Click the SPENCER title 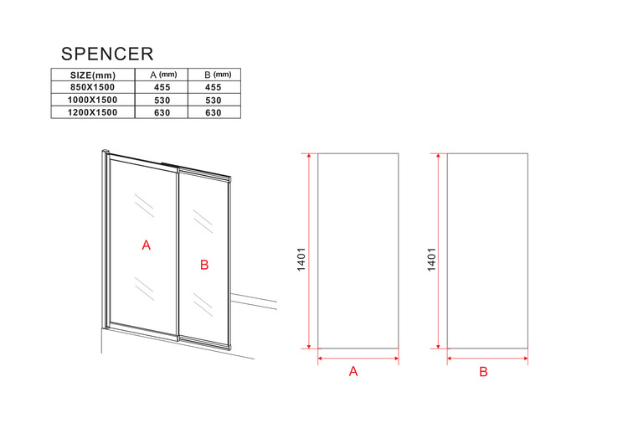[x=107, y=54]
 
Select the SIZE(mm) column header [x=92, y=75]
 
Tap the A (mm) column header [x=163, y=75]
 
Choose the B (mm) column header [x=218, y=75]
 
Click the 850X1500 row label [x=92, y=87]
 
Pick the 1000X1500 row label [x=92, y=100]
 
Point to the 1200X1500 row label [x=92, y=112]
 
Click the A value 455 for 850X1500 [x=162, y=87]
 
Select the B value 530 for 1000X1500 [x=214, y=101]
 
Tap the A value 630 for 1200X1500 [x=162, y=113]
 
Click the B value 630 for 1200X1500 [x=214, y=113]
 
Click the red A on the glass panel [x=147, y=245]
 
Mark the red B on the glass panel [x=204, y=265]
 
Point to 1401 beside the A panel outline [x=301, y=259]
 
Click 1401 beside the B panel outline [x=431, y=259]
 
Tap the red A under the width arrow [x=353, y=371]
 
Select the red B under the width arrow [x=483, y=372]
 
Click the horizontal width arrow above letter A [x=358, y=359]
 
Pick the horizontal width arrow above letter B [x=487, y=359]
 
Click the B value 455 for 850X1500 [x=214, y=87]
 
